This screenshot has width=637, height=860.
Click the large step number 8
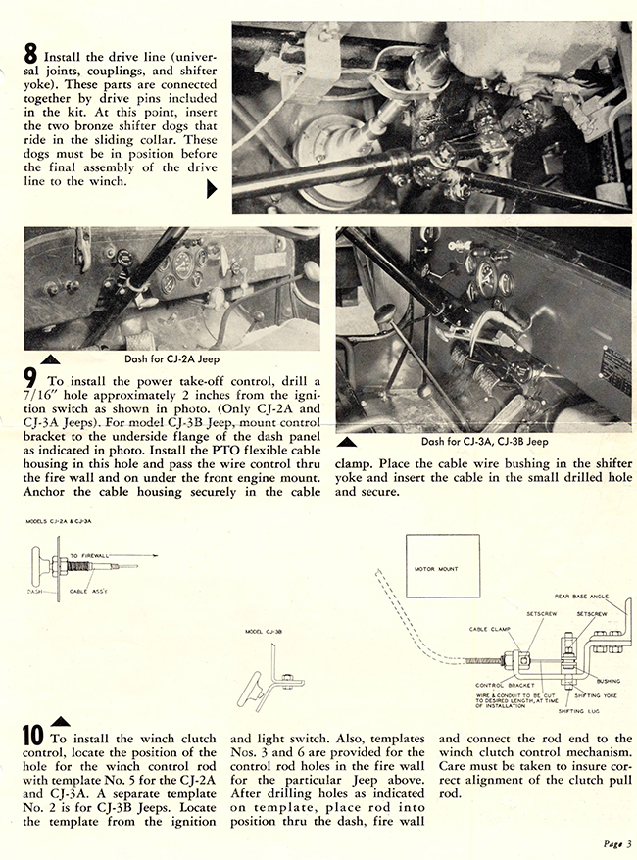(x=30, y=56)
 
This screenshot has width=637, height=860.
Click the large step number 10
(x=32, y=736)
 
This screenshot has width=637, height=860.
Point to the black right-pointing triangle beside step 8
(x=211, y=192)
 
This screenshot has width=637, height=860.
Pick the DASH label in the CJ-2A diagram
(x=34, y=590)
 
